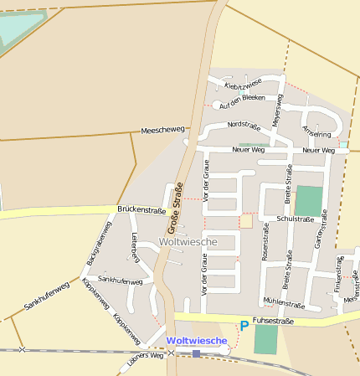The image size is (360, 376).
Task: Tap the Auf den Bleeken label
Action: (242, 101)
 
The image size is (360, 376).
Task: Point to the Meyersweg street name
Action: (278, 110)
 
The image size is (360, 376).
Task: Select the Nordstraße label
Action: (244, 125)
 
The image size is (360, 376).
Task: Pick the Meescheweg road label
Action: (162, 131)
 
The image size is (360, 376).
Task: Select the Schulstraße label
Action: (296, 219)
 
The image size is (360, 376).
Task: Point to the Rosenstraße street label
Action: (265, 242)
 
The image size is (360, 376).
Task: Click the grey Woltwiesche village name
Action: (188, 241)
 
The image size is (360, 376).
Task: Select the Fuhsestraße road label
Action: (275, 319)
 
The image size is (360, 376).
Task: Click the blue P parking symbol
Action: (244, 325)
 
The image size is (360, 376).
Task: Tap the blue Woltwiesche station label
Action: (197, 340)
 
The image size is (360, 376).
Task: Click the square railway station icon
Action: (196, 353)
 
